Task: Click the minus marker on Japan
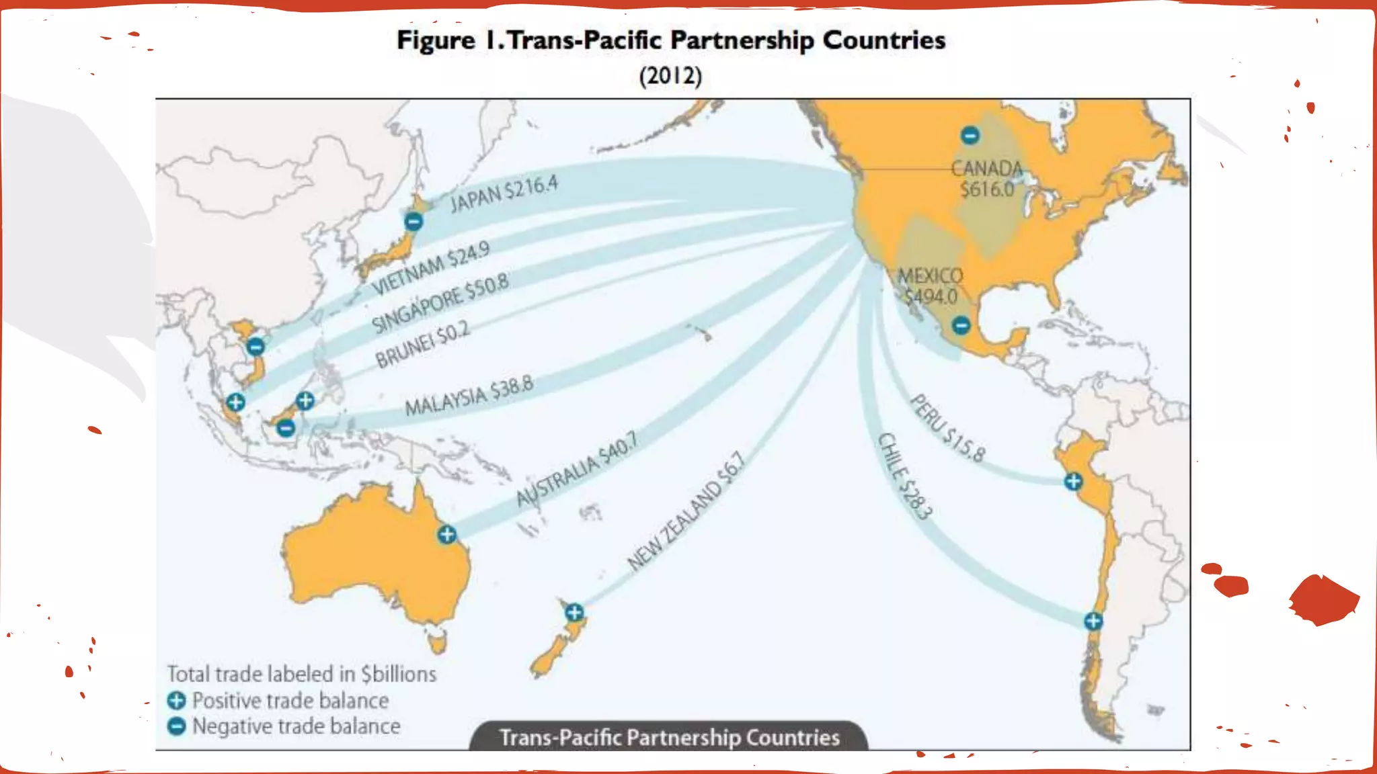[x=414, y=221]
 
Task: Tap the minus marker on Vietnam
[x=255, y=347]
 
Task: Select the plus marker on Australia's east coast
[x=447, y=535]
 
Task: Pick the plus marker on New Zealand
[x=574, y=612]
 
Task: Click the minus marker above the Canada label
[x=970, y=136]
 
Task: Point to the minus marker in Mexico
[x=961, y=326]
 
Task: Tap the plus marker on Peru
[x=1073, y=481]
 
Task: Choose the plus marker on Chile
[x=1093, y=621]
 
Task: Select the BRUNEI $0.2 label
[x=422, y=345]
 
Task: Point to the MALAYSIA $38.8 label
[x=469, y=396]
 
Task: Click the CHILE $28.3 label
[x=905, y=476]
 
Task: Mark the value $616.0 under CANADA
[x=987, y=189]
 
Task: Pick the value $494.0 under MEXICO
[x=931, y=296]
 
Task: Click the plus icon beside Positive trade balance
[x=176, y=701]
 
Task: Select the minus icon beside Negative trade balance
[x=176, y=726]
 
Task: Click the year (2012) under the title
[x=670, y=75]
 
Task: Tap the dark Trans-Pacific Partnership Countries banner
[x=669, y=737]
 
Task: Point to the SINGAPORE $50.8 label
[x=440, y=303]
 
